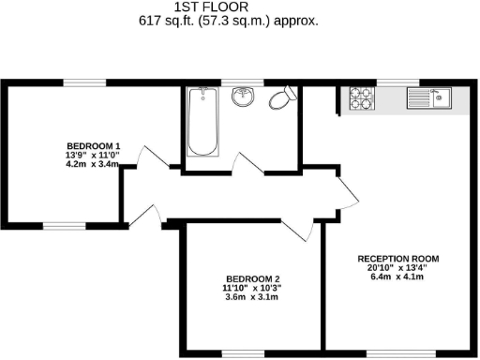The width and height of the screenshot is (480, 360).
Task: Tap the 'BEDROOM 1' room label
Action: coord(93,146)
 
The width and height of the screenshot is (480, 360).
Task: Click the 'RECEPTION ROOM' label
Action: coord(398,258)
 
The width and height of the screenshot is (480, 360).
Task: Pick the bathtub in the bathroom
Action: coord(202,123)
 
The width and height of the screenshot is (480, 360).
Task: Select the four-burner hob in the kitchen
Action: coord(361,98)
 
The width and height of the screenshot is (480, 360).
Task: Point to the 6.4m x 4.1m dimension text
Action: coord(398,277)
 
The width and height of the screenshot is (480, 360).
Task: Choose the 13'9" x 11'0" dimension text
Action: coord(93,156)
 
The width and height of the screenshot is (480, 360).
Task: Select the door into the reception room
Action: coord(348,192)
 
